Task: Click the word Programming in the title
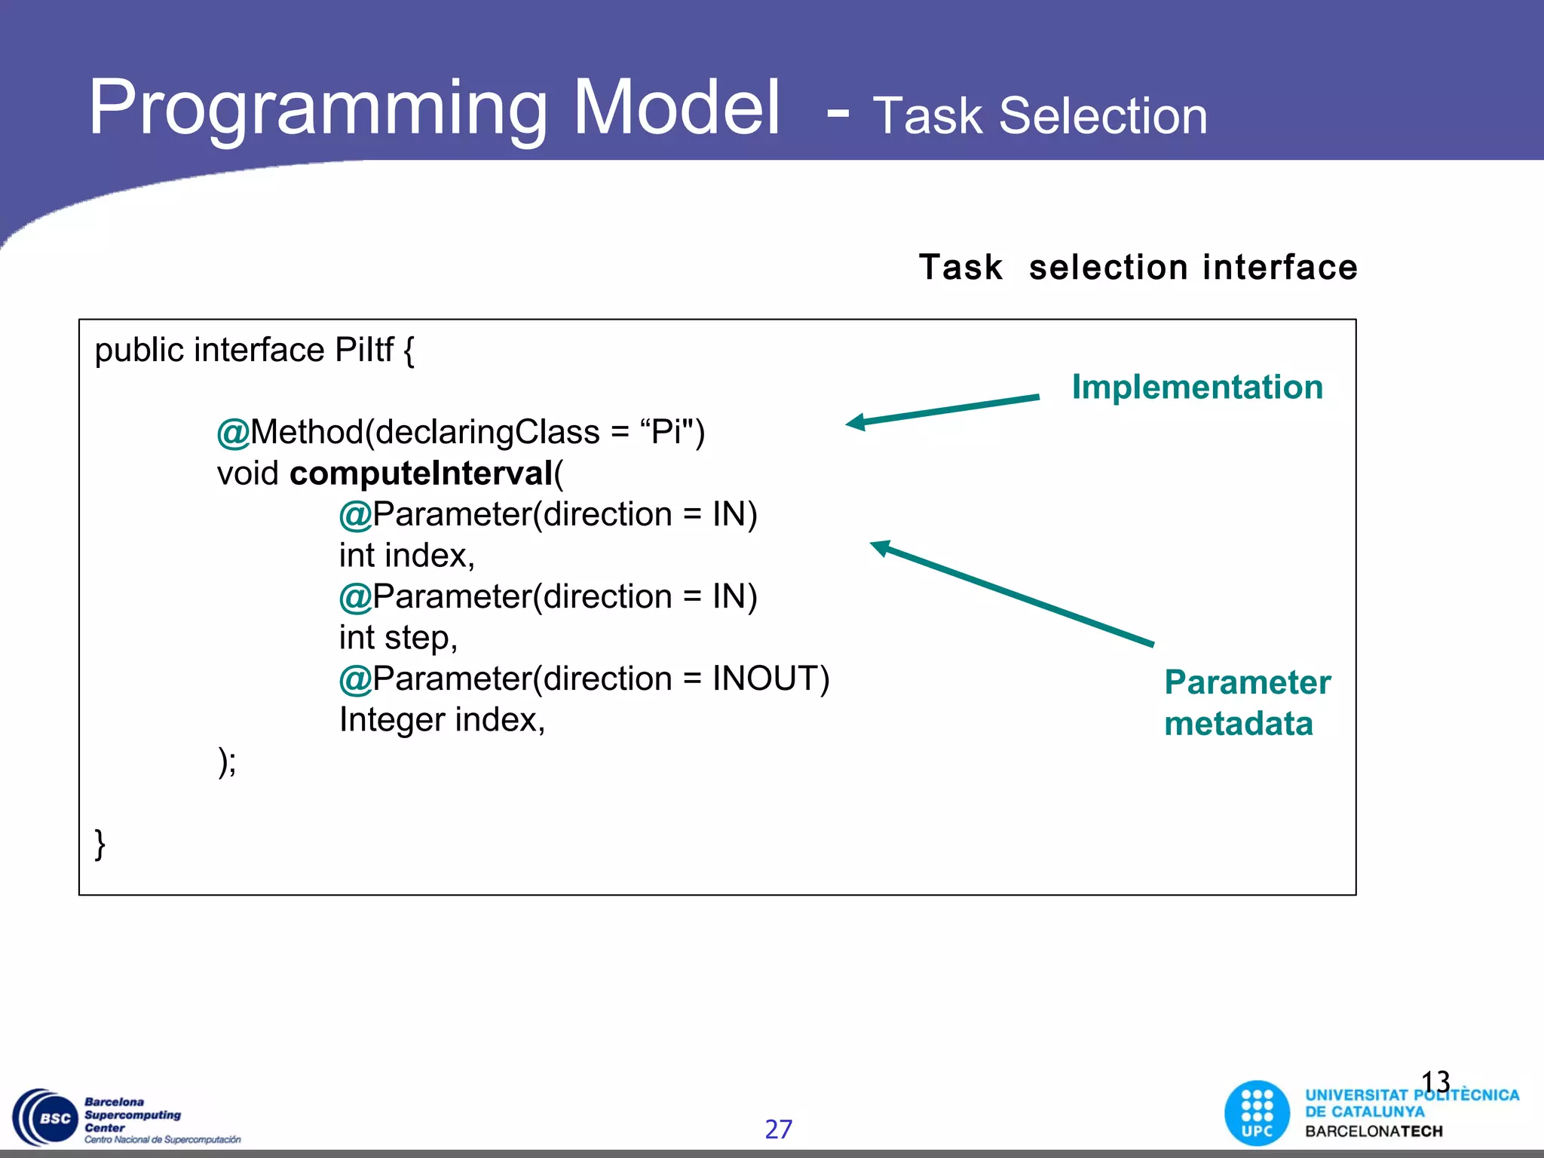point(317,109)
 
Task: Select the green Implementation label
point(1197,388)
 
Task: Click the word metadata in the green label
point(1238,724)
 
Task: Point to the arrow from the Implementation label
point(942,410)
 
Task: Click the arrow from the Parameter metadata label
point(1010,593)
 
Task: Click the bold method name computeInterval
point(421,473)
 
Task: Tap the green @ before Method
point(232,433)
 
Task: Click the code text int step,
point(398,638)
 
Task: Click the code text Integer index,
point(442,720)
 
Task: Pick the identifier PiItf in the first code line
point(363,351)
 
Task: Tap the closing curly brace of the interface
point(100,844)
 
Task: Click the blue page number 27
point(778,1129)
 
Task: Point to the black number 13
point(1435,1082)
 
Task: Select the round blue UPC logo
point(1257,1114)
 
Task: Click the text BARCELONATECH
point(1374,1132)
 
